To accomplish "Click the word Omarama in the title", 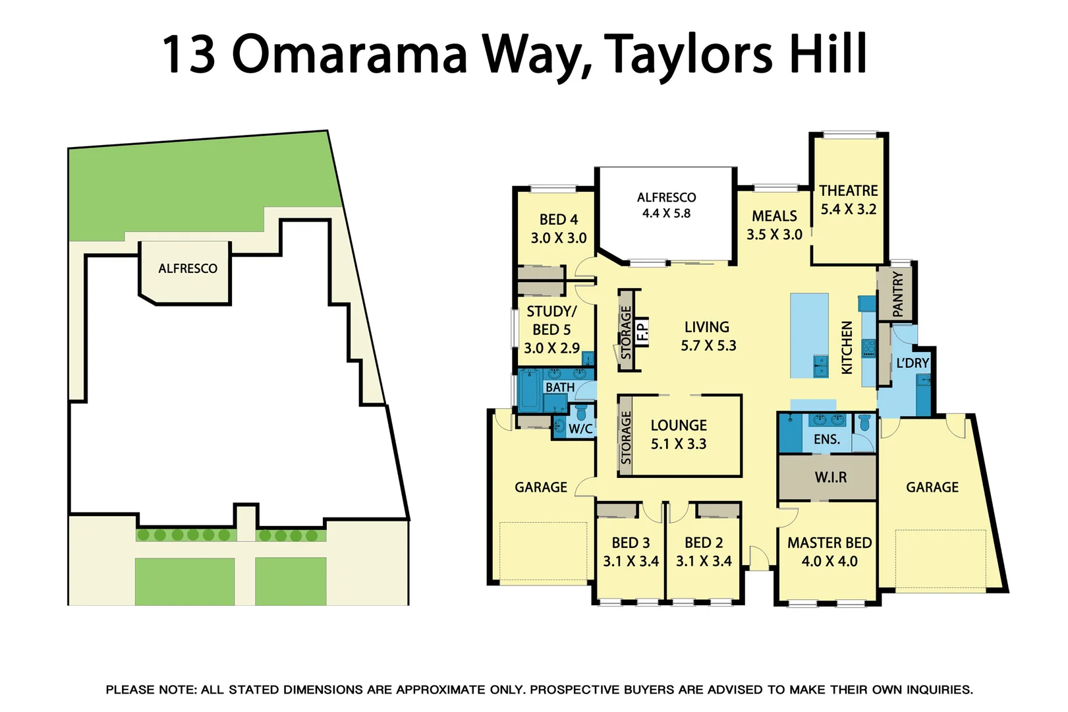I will point(349,54).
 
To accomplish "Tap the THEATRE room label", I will point(848,191).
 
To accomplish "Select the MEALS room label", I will point(774,216).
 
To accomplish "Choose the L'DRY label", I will point(913,363).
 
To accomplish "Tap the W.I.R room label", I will point(830,477).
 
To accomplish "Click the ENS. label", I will point(827,439).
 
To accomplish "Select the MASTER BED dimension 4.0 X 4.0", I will point(829,562).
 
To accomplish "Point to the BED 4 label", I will point(558,220).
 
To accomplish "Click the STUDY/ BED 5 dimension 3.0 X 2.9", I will point(551,348).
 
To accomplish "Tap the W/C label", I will point(580,429).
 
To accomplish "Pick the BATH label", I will point(559,388).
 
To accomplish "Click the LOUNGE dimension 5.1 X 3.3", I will point(679,444).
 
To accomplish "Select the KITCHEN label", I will point(847,347).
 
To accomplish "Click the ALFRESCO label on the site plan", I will point(188,268).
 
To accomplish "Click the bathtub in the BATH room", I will point(529,391).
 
